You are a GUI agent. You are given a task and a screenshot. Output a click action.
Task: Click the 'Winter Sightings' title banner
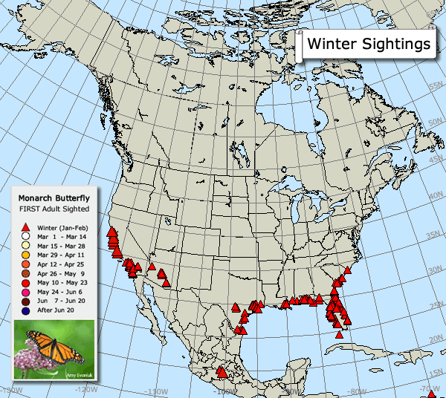(x=369, y=44)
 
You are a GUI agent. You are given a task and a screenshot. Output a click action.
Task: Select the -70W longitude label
(x=427, y=388)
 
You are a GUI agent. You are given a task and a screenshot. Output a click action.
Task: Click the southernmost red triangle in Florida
(x=340, y=334)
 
